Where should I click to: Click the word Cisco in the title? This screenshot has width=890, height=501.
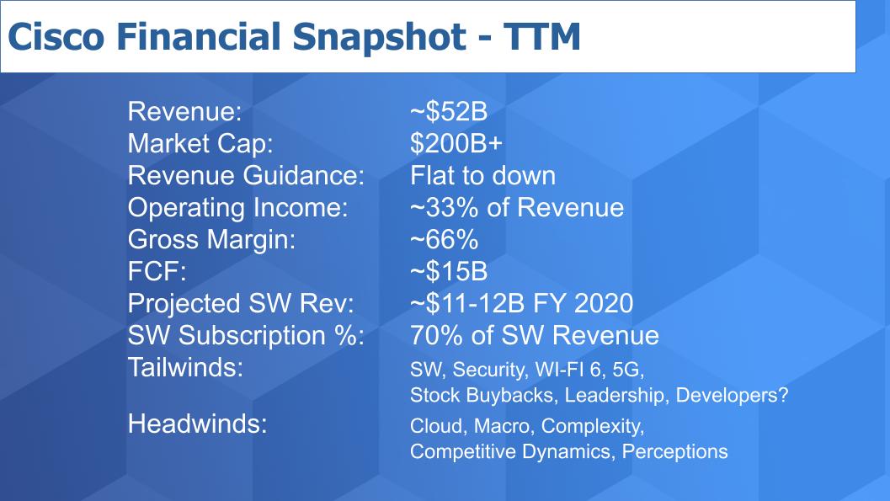(56, 36)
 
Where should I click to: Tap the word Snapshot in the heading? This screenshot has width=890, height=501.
(379, 37)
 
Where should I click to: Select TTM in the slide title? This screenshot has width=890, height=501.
(541, 36)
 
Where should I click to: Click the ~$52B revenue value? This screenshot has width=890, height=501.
(449, 112)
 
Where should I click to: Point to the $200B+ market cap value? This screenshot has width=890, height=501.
(456, 143)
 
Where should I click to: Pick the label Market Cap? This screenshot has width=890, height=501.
(200, 143)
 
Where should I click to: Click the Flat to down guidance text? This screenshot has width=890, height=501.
(482, 175)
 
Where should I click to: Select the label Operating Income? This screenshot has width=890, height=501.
(237, 208)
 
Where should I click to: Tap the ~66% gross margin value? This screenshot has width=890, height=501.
(444, 239)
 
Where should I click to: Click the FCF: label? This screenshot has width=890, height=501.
(157, 271)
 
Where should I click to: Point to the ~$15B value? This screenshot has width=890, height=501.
(449, 271)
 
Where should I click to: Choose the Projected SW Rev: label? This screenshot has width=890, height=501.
(241, 304)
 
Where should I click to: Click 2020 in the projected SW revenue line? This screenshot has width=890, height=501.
(604, 304)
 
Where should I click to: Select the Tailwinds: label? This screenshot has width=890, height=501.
(185, 367)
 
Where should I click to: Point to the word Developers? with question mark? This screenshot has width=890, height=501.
(733, 395)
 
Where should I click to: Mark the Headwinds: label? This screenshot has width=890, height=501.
(198, 424)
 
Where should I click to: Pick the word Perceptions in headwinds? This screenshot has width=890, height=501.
(675, 451)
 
